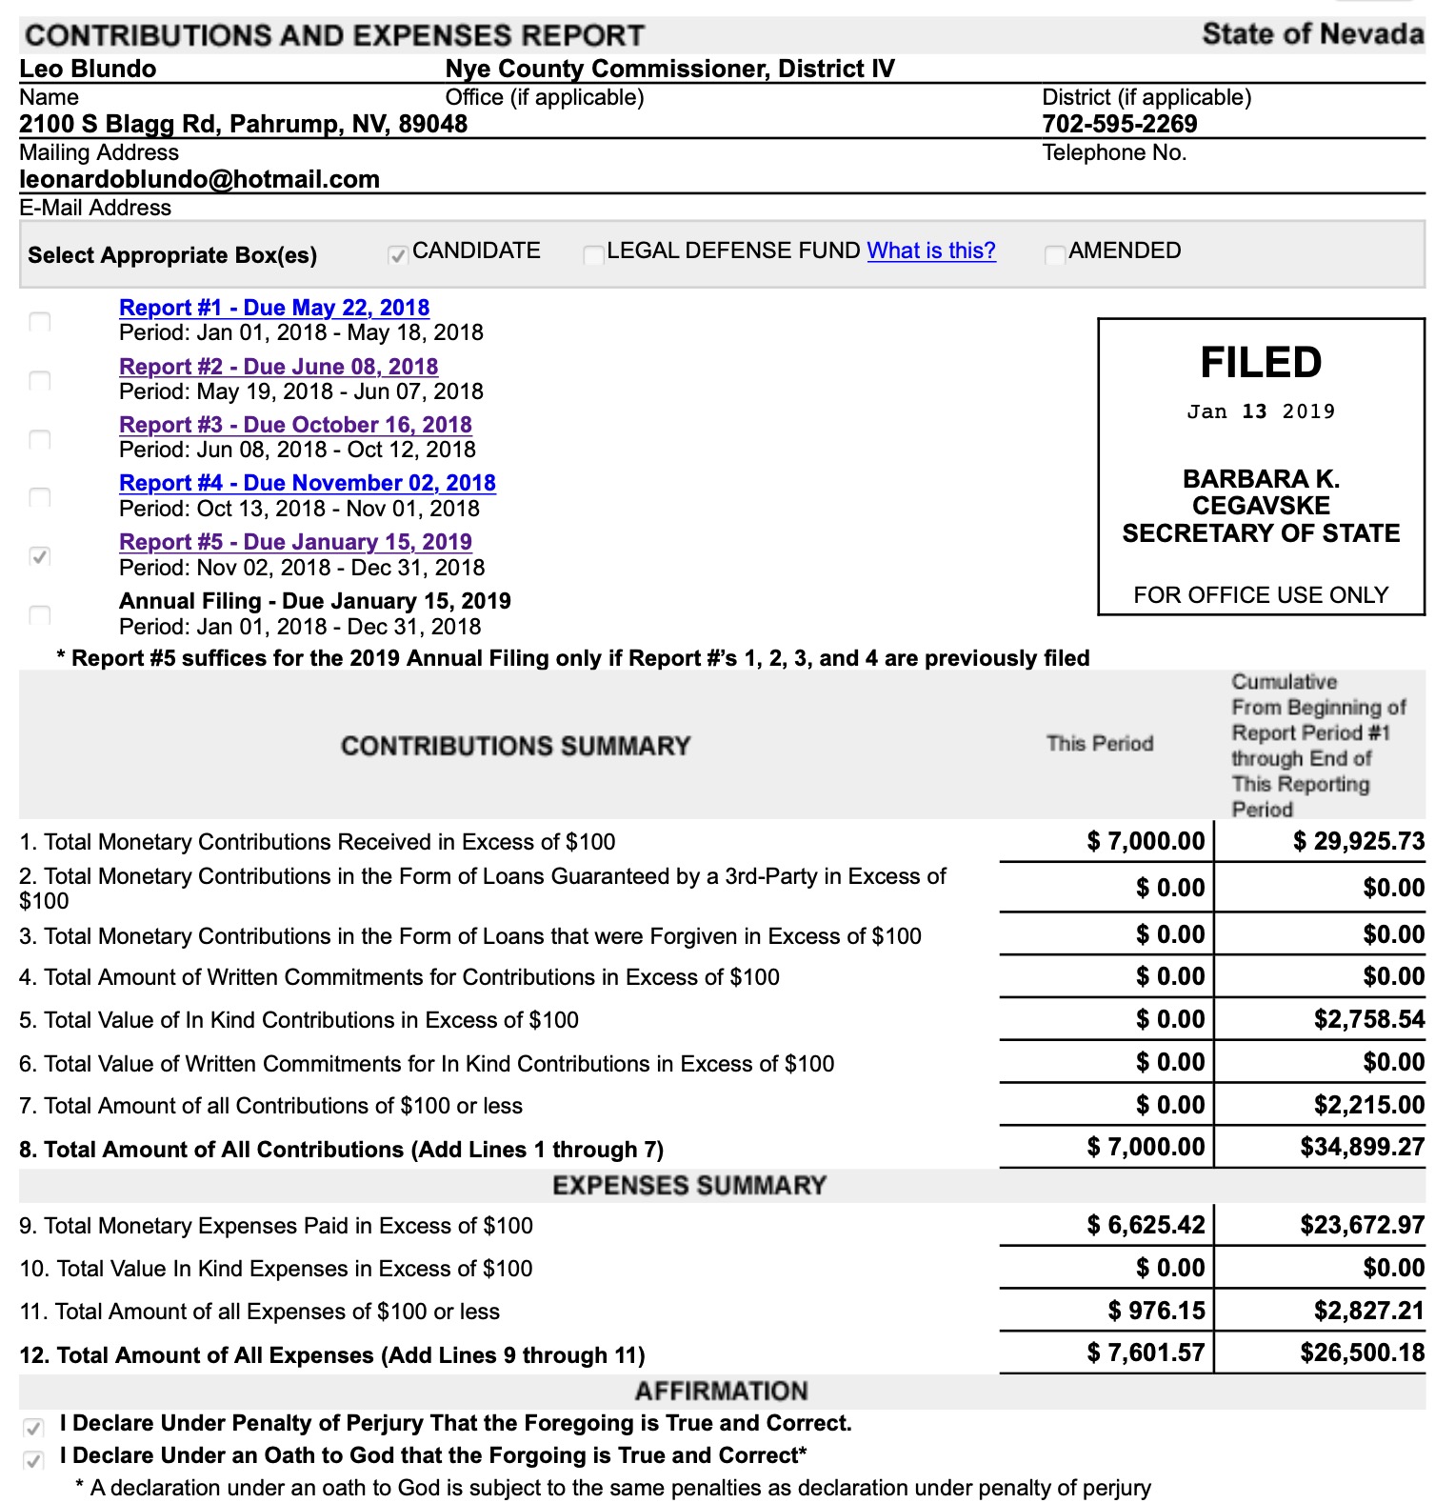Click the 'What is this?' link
tap(930, 250)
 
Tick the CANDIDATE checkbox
tap(398, 254)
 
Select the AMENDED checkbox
tap(1054, 254)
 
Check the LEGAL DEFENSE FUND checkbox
tap(593, 254)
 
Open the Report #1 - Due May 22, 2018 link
tap(274, 308)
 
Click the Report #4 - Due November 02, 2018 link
tap(307, 483)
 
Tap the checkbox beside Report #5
tap(40, 556)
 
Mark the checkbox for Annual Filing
tap(40, 614)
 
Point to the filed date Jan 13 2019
tap(1260, 411)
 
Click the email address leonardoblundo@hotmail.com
tap(200, 179)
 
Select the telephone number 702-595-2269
tap(1119, 124)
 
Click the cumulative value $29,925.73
tap(1358, 841)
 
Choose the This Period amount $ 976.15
tap(1156, 1311)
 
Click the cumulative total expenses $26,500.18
tap(1362, 1353)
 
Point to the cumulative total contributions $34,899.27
tap(1362, 1147)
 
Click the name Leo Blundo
tap(88, 69)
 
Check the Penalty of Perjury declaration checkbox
tap(33, 1428)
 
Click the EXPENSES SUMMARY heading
tap(689, 1186)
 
